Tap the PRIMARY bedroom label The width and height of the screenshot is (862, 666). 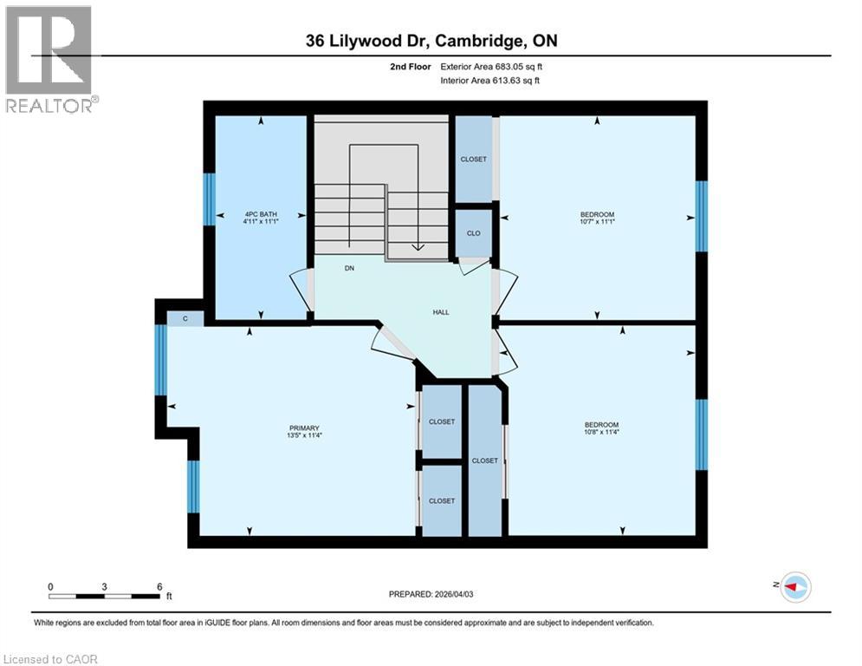[305, 428]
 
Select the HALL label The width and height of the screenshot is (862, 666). [441, 312]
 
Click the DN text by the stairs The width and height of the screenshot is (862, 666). [349, 269]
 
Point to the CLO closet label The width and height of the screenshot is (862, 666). [473, 233]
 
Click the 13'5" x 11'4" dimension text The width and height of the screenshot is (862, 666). [305, 435]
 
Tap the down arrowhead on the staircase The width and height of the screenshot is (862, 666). [418, 246]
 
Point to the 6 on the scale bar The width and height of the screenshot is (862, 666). [159, 587]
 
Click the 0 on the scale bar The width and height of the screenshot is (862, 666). [51, 587]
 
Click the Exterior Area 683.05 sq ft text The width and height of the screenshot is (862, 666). [491, 66]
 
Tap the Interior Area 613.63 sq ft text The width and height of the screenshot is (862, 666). [491, 81]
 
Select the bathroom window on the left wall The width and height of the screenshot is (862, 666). [209, 199]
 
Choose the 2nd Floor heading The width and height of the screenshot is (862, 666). [412, 66]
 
